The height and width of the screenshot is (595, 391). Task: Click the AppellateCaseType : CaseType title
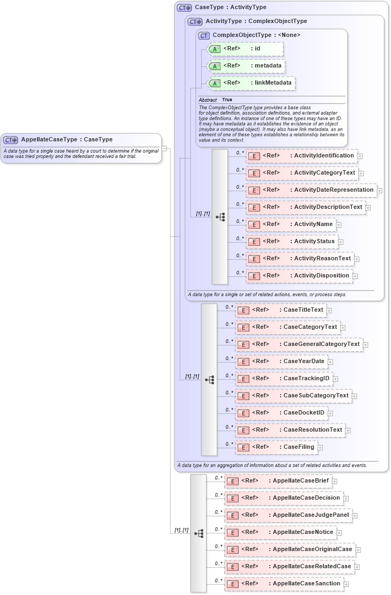click(x=67, y=140)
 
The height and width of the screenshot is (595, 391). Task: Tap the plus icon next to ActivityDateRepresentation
click(x=379, y=190)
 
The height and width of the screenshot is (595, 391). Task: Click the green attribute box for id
click(x=237, y=49)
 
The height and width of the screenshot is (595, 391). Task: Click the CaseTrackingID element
click(x=284, y=378)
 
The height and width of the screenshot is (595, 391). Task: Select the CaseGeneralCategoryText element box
click(x=299, y=344)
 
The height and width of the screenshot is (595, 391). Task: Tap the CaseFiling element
click(x=276, y=447)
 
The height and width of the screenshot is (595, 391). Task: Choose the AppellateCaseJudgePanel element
click(x=288, y=515)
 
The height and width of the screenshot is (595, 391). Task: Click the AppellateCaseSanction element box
click(x=284, y=584)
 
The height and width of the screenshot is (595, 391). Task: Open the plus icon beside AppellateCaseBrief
click(x=334, y=481)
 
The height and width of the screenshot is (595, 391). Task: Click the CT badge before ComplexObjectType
click(x=204, y=35)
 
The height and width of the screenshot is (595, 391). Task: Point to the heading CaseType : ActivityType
click(x=230, y=7)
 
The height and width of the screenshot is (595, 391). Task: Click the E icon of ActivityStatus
click(x=254, y=242)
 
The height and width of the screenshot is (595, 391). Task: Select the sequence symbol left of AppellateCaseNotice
click(x=198, y=533)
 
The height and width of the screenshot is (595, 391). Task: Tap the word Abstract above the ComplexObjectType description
click(x=208, y=100)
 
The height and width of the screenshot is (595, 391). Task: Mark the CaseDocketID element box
click(x=282, y=412)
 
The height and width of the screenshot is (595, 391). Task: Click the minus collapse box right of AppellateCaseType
click(x=164, y=148)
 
